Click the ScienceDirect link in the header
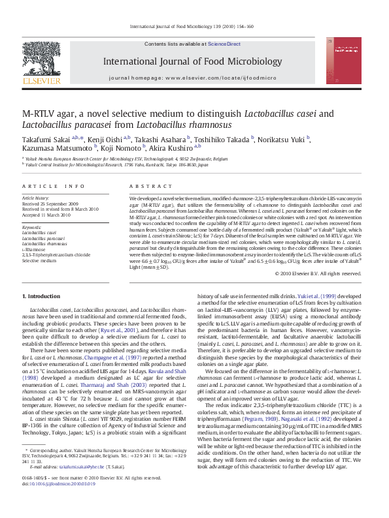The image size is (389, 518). click(x=224, y=44)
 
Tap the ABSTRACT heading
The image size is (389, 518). click(x=146, y=186)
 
